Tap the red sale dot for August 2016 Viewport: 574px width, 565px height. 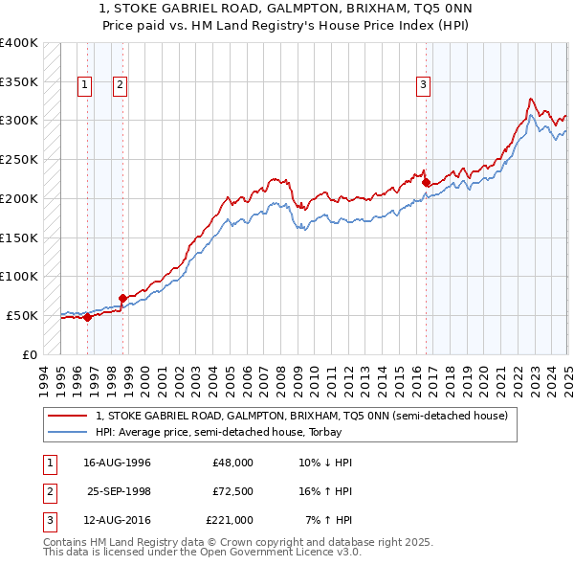coord(425,182)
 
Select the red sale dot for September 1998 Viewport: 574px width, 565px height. coord(122,298)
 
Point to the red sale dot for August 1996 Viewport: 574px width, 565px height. coord(87,317)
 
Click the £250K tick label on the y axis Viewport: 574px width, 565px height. coord(18,160)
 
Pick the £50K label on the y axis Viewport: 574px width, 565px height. coord(22,315)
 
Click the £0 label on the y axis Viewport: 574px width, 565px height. coord(30,354)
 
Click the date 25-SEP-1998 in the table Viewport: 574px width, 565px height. coord(120,491)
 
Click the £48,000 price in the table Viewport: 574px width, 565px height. coord(232,463)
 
